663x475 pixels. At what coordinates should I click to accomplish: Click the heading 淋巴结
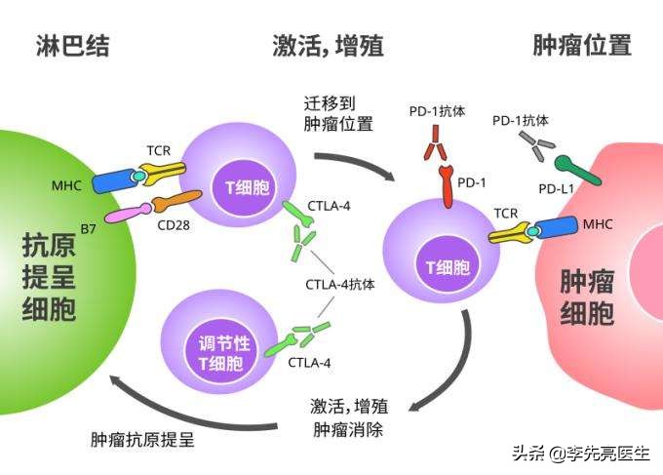[x=72, y=46]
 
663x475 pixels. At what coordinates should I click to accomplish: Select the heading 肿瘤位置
[x=582, y=46]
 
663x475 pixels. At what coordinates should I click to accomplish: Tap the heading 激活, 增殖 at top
[x=328, y=46]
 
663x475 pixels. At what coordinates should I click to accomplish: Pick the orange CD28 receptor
[x=171, y=204]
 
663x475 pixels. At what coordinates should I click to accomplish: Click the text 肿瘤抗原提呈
[x=142, y=439]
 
